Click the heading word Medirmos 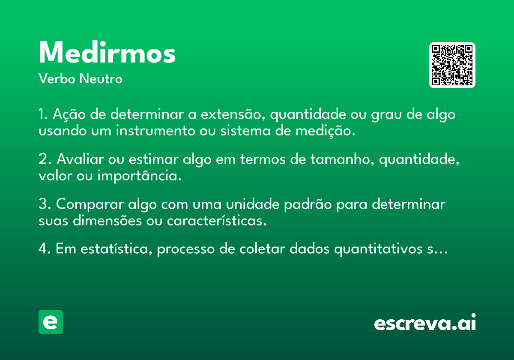(107, 52)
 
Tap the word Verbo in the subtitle (57, 79)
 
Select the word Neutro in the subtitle (101, 79)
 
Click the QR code (452, 65)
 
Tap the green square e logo (51, 322)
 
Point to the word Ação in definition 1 (69, 114)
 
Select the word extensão (233, 114)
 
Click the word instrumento (155, 131)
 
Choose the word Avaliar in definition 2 (81, 159)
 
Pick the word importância (140, 176)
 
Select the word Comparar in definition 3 (90, 204)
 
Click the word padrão (308, 204)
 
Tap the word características (217, 221)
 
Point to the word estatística (117, 249)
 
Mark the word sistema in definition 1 (245, 131)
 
